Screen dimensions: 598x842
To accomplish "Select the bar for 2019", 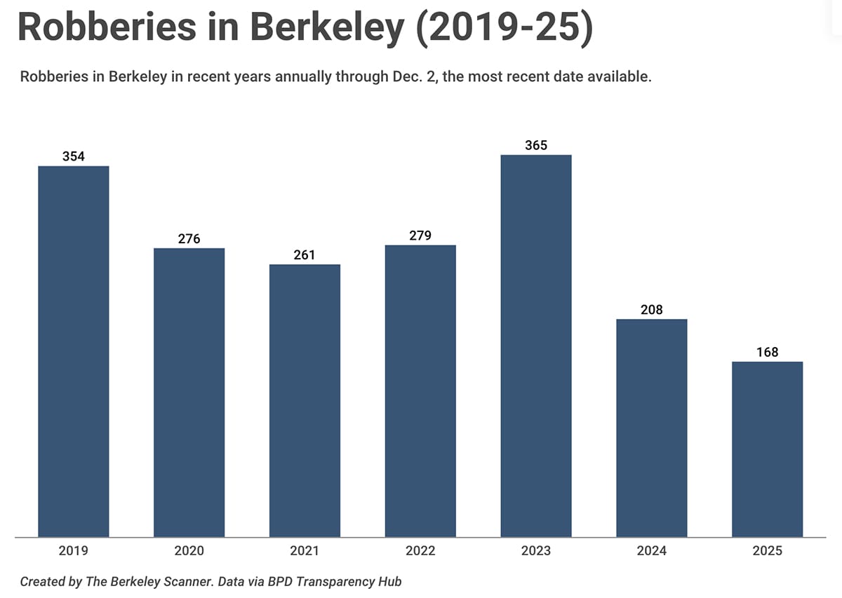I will coord(74,351).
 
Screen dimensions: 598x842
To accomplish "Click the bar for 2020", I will coord(189,393).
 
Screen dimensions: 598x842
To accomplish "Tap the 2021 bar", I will coord(305,400).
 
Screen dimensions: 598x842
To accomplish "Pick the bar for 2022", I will coord(420,390).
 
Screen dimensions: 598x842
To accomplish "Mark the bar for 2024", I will coord(651,428).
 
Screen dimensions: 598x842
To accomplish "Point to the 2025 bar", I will coord(767,449).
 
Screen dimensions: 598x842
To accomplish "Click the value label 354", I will coord(74,157).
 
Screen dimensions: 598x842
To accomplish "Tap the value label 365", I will coord(536,146).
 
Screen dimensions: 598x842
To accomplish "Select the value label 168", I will coord(767,353).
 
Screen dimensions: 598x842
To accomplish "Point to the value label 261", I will coord(305,255).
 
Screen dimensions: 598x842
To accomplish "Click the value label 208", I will coord(651,310).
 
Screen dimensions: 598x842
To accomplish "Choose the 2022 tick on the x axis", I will coord(420,551).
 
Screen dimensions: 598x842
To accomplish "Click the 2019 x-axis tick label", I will coord(74,551).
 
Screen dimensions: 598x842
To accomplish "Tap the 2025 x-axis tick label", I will coord(767,551).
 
